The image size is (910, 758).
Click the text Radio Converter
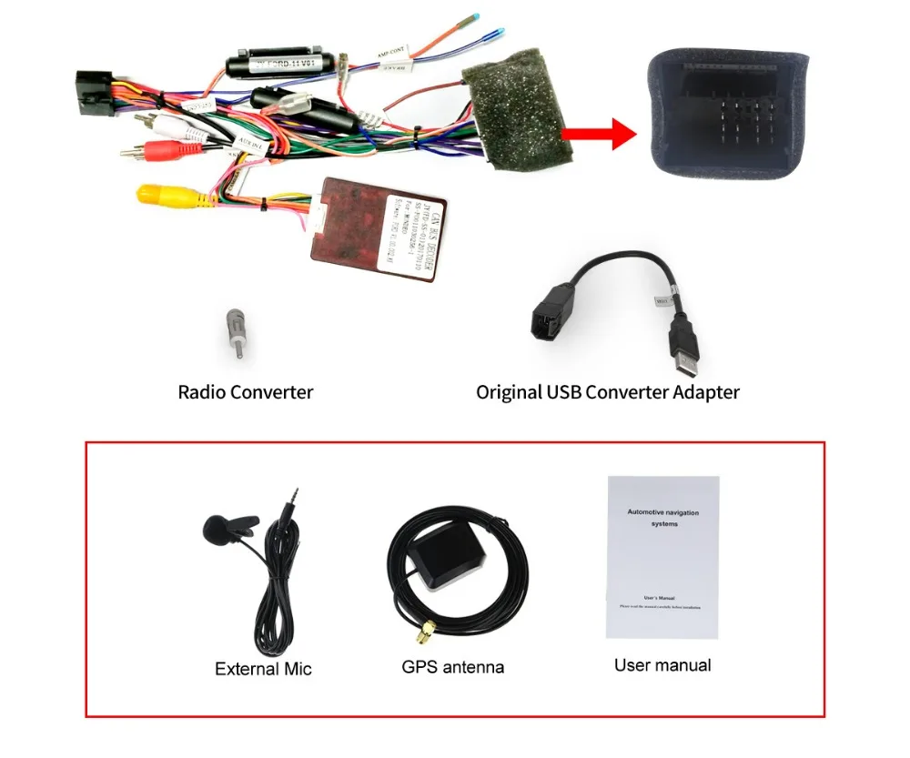coord(245,392)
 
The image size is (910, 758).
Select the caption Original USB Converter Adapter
coord(607,392)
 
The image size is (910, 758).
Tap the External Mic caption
coord(263,669)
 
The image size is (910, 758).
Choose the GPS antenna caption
coord(452,667)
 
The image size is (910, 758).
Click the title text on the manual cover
coord(662,519)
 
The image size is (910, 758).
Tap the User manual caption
coord(662,665)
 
